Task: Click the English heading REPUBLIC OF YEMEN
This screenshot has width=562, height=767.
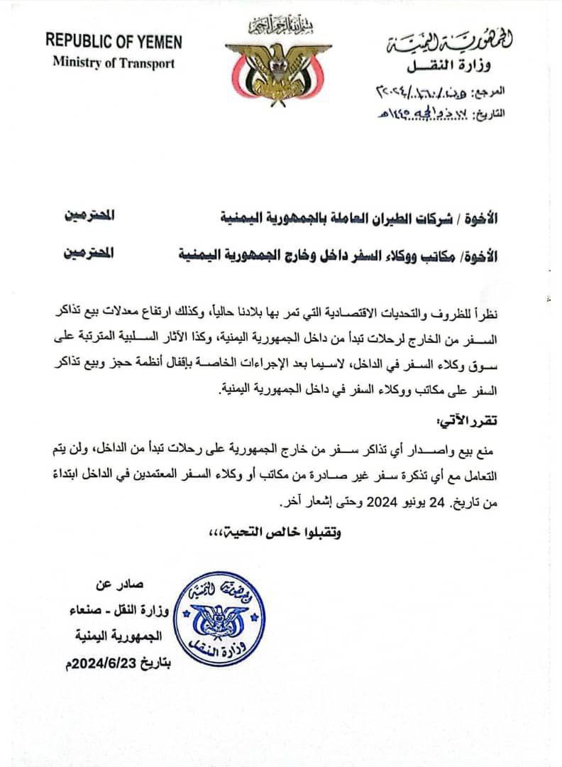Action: (x=114, y=41)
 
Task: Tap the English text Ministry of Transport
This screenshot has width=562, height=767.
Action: (x=114, y=62)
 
